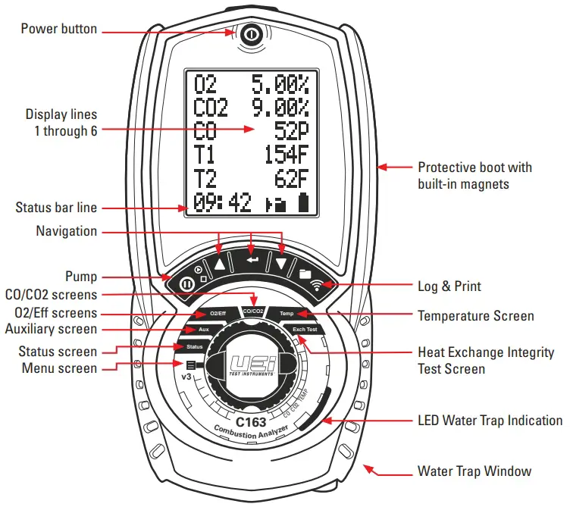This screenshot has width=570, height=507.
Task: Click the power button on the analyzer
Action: pyautogui.click(x=251, y=35)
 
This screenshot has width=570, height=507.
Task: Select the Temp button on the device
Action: pyautogui.click(x=287, y=314)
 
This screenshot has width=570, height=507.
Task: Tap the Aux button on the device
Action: pyautogui.click(x=203, y=330)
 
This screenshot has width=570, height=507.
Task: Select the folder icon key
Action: pyautogui.click(x=305, y=272)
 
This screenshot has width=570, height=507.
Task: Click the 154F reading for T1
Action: pyautogui.click(x=287, y=155)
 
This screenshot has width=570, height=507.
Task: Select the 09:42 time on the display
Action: pyautogui.click(x=223, y=204)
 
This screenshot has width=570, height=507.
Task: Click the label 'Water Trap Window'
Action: pyautogui.click(x=474, y=471)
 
